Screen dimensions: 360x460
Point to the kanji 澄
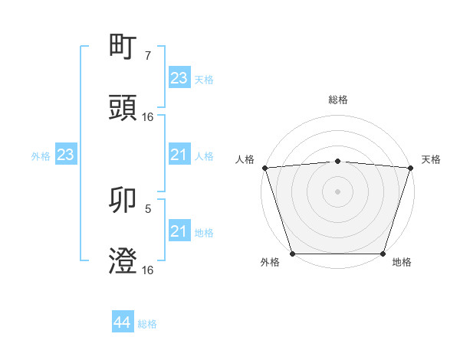click(x=123, y=262)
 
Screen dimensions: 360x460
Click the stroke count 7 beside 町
click(x=147, y=56)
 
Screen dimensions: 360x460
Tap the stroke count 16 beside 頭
click(x=148, y=117)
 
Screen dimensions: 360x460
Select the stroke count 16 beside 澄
click(x=148, y=270)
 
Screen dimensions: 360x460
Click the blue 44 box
click(x=123, y=323)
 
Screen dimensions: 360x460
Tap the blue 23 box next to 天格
click(x=179, y=78)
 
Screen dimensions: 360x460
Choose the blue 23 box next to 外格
click(x=65, y=155)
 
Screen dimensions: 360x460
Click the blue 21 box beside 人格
click(x=179, y=155)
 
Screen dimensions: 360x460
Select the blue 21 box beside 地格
click(x=179, y=231)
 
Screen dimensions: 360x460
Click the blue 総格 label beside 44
click(x=147, y=324)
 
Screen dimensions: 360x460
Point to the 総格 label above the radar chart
click(x=338, y=100)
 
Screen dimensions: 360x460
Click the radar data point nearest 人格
click(x=264, y=168)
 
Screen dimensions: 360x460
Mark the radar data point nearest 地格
click(x=383, y=254)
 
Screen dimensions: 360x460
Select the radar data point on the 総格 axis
click(x=338, y=161)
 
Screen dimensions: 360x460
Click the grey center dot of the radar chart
click(x=338, y=191)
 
